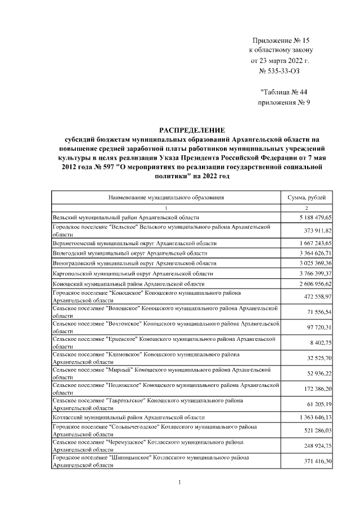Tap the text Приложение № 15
click(x=281, y=40)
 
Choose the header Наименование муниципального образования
click(x=166, y=197)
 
